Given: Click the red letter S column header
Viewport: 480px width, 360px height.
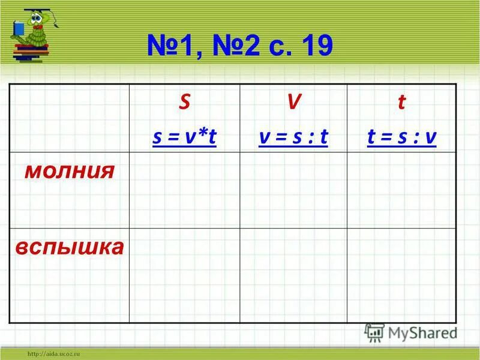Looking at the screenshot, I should (185, 103).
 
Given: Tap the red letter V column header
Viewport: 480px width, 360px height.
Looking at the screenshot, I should (293, 103).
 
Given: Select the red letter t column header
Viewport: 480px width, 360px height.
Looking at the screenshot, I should (401, 103).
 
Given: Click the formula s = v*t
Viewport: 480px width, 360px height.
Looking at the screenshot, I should (184, 138).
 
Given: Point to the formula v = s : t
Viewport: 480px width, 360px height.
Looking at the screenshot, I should (293, 138).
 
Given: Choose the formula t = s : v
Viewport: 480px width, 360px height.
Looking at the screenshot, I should (401, 138).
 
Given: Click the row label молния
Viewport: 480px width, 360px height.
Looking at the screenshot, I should (69, 171).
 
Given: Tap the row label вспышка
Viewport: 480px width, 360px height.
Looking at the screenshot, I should (70, 247).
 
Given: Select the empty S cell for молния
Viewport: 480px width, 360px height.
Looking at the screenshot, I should (184, 190).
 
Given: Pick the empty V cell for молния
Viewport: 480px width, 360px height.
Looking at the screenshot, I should (293, 190).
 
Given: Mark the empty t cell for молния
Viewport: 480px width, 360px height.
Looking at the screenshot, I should (401, 190).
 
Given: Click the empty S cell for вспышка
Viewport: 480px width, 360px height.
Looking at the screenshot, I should (184, 275).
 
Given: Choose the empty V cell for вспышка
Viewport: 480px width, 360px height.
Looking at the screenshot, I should (293, 275).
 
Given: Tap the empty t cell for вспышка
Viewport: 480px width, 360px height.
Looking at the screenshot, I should (401, 275).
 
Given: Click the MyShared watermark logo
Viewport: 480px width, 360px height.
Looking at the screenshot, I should (410, 332).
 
